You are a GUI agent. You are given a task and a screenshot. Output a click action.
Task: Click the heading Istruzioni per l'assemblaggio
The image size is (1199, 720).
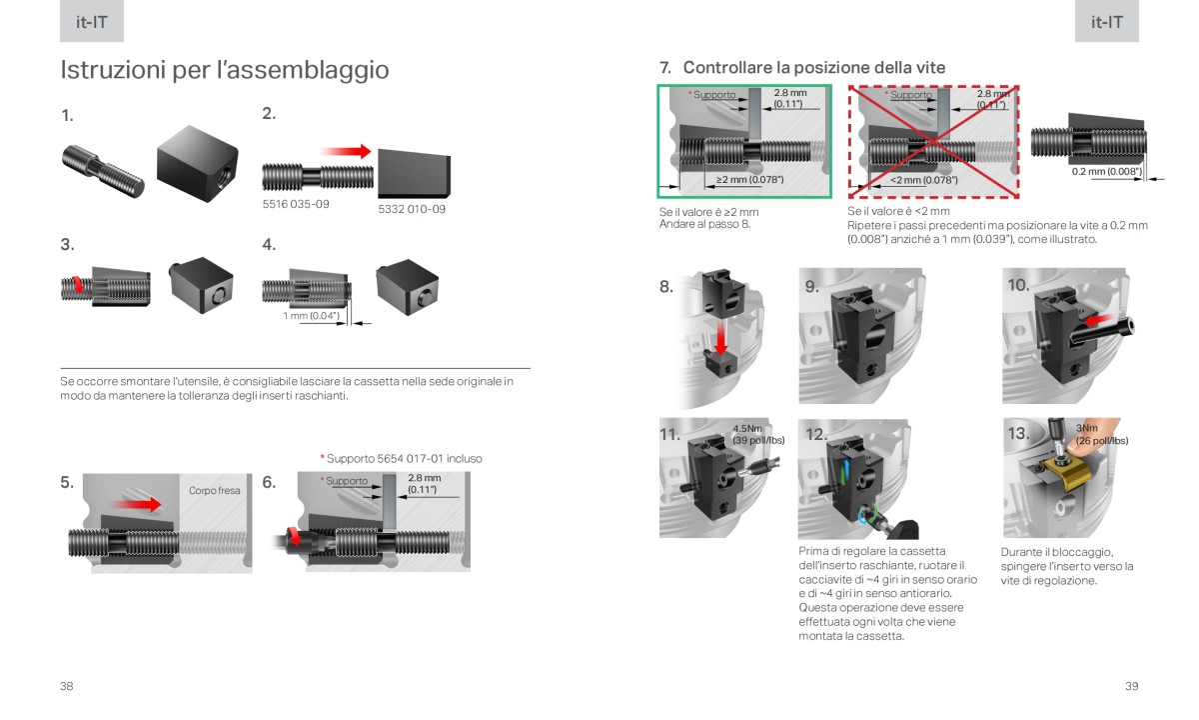pyautogui.click(x=225, y=70)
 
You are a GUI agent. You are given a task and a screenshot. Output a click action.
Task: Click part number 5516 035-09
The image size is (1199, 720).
pyautogui.click(x=296, y=204)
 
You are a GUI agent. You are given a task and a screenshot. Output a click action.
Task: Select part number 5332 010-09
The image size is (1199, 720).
pyautogui.click(x=412, y=209)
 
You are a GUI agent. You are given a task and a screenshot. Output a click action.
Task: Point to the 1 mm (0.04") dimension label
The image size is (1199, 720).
pyautogui.click(x=311, y=316)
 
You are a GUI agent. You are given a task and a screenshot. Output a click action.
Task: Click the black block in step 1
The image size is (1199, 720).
pyautogui.click(x=198, y=160)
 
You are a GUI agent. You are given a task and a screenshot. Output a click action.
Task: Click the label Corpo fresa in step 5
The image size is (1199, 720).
pyautogui.click(x=214, y=491)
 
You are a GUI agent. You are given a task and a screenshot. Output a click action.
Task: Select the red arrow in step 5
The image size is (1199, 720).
pyautogui.click(x=136, y=504)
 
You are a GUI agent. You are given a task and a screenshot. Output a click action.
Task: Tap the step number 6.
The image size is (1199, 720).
pyautogui.click(x=269, y=482)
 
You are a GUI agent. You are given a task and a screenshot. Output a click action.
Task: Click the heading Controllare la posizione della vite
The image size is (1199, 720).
pyautogui.click(x=813, y=67)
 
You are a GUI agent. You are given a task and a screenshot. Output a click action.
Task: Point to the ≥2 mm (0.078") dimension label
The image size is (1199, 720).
pyautogui.click(x=749, y=180)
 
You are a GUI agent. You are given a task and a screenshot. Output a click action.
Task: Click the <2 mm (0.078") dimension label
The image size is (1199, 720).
pyautogui.click(x=924, y=180)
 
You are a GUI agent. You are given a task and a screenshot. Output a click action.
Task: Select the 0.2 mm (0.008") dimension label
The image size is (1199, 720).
pyautogui.click(x=1105, y=171)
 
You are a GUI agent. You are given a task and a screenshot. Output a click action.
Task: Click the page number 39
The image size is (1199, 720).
pyautogui.click(x=1131, y=686)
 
